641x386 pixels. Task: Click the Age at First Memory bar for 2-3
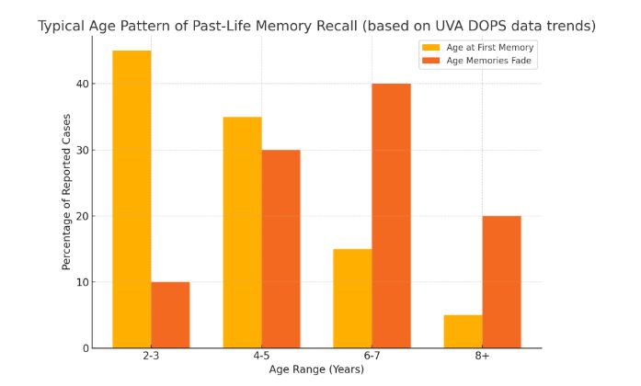[132, 199]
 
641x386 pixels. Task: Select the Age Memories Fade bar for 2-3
[170, 314]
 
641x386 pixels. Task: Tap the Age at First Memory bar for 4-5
[242, 232]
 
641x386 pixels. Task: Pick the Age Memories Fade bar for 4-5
[280, 248]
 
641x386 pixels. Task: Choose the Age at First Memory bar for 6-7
[352, 298]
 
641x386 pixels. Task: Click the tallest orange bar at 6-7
[391, 215]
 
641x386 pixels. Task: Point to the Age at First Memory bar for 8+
[463, 331]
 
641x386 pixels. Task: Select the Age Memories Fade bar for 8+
[501, 281]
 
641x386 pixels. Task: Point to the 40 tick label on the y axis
[83, 84]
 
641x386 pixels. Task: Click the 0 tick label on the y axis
[86, 348]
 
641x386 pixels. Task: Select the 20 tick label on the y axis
[83, 216]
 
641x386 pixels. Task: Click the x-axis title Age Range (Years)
[316, 370]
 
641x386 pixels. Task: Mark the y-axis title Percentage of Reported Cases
[66, 190]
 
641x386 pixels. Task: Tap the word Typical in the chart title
[63, 26]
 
